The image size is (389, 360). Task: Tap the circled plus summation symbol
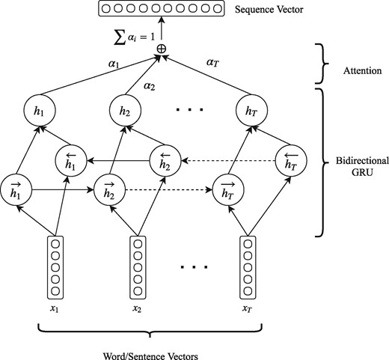[x=161, y=49]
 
